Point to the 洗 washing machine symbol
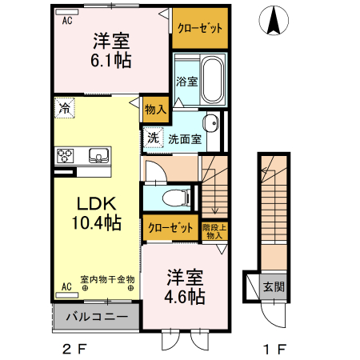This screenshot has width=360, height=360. click(153, 137)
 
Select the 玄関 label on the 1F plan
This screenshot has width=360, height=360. click(273, 285)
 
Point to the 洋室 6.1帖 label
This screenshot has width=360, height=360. click(110, 49)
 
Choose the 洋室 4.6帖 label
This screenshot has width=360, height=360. click(185, 287)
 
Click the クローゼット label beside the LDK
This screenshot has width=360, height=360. click(171, 227)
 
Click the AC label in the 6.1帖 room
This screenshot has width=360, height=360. click(69, 22)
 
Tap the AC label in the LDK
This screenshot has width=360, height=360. click(66, 286)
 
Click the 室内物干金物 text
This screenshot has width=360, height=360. click(107, 280)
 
